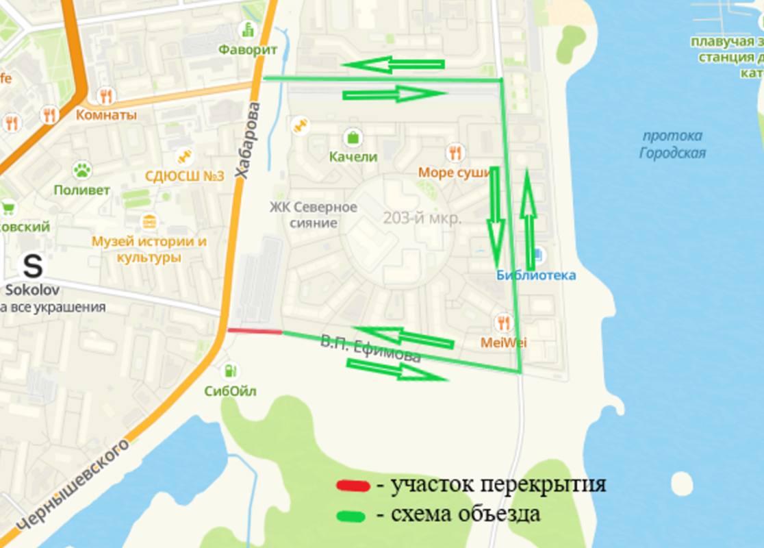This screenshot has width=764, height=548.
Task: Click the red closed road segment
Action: pos(254,331)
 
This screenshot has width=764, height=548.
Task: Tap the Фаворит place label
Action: pos(248,50)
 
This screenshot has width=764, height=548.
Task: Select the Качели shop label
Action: pos(353,157)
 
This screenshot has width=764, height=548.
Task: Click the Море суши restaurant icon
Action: pos(455,152)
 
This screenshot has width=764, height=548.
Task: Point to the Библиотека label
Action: pos(536,275)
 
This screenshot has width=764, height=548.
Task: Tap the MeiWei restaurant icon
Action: pos(504,322)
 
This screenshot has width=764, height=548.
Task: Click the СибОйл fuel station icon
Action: pos(230,371)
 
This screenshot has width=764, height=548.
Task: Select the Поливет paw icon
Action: pos(82,170)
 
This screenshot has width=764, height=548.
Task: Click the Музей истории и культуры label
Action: pos(149,249)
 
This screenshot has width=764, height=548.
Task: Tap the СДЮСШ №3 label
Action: pos(184,176)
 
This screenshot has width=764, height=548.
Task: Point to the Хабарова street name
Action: pos(248,141)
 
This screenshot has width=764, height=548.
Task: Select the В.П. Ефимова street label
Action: pos(370,349)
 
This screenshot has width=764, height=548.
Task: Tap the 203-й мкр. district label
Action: pos(422,219)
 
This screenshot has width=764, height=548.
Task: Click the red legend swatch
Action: pos(353,486)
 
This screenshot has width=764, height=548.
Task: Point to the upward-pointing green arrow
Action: pos(527,212)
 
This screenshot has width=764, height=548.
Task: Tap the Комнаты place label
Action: pos(106,115)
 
